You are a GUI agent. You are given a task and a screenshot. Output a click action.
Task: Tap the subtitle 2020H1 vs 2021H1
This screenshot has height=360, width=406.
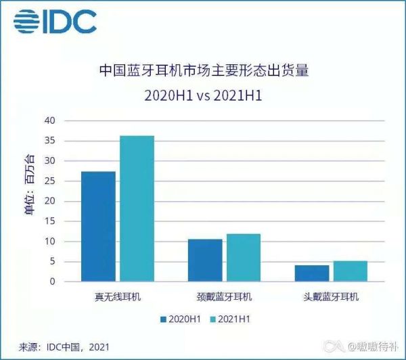coord(203,95)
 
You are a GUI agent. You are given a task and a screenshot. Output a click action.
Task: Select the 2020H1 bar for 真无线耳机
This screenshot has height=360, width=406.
coord(98,227)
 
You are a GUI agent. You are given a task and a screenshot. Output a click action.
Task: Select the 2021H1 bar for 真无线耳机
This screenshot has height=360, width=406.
coord(137,209)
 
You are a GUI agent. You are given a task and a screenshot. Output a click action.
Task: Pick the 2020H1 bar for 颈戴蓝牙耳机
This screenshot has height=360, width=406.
coord(205,261)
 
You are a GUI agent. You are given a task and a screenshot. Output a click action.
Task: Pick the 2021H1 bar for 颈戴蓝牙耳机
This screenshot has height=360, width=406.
coord(244,258)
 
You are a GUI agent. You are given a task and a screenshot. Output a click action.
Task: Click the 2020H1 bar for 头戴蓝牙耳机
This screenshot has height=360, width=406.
coord(312,273)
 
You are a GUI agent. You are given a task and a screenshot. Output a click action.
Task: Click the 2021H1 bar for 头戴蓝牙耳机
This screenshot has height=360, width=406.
coord(351,271)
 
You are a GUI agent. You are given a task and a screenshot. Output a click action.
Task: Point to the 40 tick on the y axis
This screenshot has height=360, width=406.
coord(50,120)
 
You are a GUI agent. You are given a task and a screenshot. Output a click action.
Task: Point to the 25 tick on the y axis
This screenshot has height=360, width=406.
coord(50,181)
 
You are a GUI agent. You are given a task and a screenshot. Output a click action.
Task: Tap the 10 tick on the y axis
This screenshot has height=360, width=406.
coord(50,242)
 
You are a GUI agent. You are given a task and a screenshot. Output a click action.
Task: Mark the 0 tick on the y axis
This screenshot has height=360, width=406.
coord(53,282)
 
